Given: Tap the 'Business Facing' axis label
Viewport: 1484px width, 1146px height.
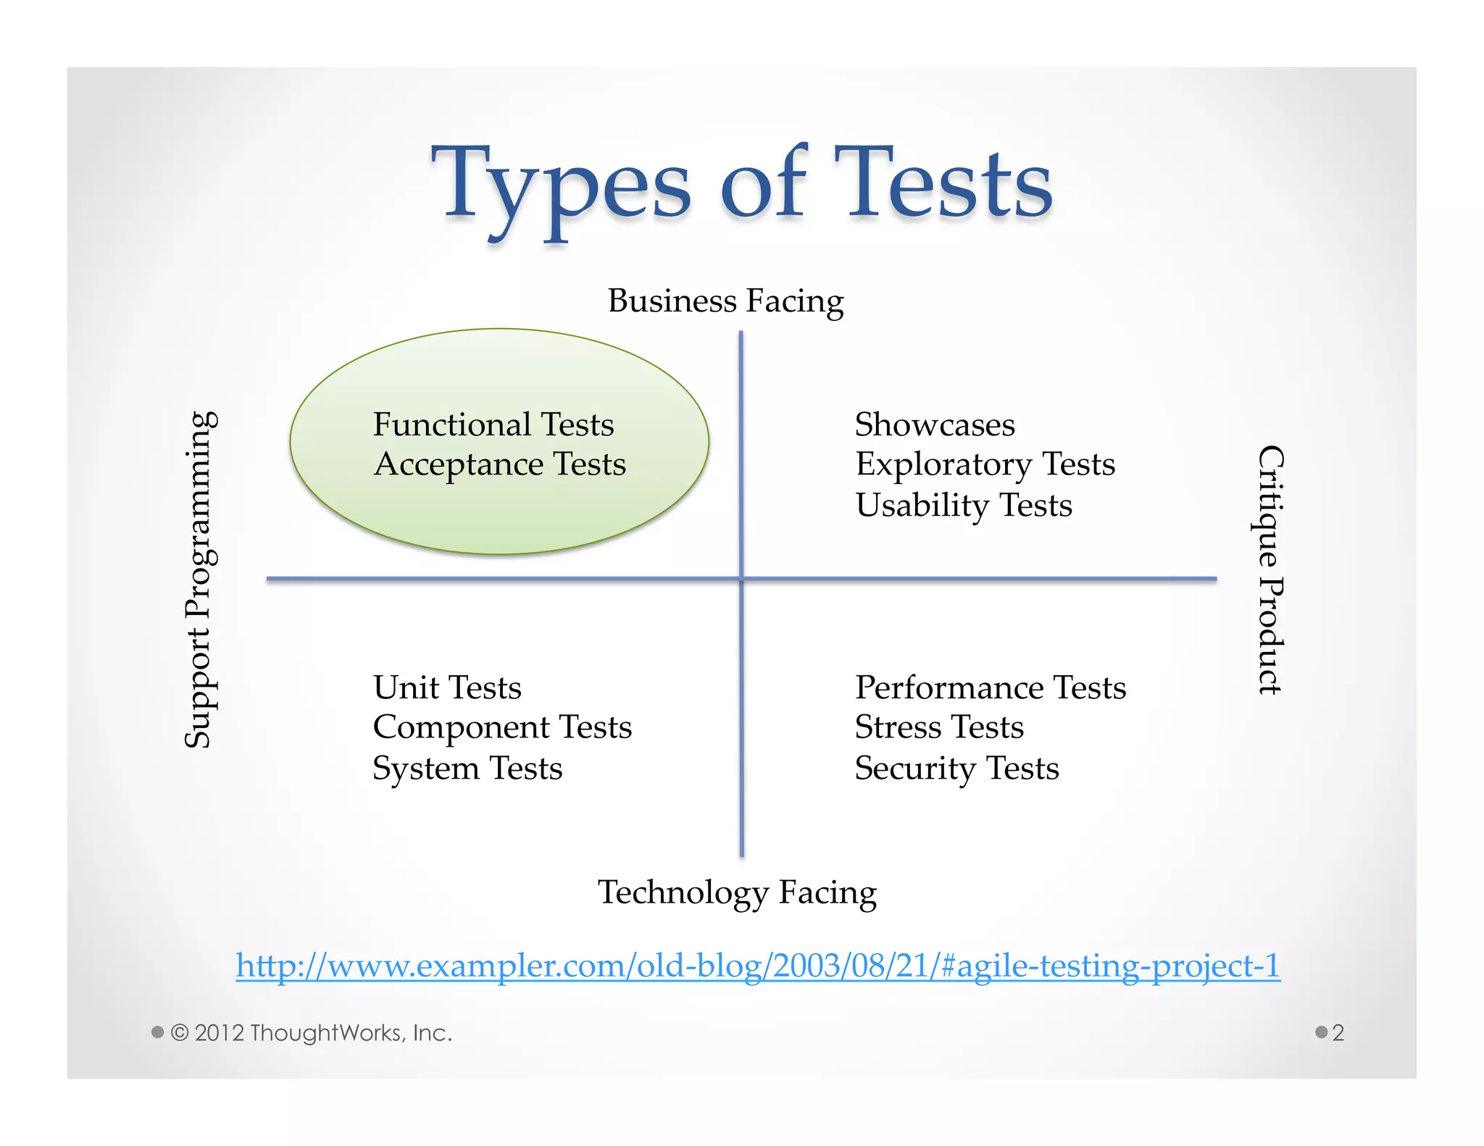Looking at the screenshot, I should coord(725,301).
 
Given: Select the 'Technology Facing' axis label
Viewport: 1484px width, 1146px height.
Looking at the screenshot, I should coord(737,892).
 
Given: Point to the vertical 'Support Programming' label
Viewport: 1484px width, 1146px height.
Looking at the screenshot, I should coord(199,580).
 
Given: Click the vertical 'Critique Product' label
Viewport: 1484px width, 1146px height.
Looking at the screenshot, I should coord(1270,570).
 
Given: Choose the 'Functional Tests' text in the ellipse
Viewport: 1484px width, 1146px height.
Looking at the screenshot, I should coord(493,424).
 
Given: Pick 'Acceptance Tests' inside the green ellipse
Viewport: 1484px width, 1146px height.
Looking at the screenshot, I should coord(499,464).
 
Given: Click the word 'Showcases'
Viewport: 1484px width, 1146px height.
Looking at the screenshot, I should coord(935,424).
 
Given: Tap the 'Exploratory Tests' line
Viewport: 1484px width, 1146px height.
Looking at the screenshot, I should coord(985,464).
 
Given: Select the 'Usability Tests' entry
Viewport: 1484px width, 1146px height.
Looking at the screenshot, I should coord(963,505).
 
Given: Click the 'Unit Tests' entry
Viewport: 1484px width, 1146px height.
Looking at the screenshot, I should coord(447,687).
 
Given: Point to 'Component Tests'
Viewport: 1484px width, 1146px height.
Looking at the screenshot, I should coord(502,727).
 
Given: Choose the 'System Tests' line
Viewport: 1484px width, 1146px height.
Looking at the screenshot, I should coord(467,769).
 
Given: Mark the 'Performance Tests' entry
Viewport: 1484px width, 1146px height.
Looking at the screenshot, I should coord(991,687).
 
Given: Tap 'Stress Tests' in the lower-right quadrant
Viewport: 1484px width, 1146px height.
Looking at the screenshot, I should coord(939,727).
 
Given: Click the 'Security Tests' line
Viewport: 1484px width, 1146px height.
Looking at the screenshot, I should coord(956,769).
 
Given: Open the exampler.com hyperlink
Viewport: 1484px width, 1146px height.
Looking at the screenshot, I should coord(758,966).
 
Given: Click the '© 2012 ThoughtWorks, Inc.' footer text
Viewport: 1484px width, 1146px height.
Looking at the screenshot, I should coord(311,1032).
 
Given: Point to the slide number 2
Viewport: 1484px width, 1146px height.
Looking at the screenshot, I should coord(1338,1032).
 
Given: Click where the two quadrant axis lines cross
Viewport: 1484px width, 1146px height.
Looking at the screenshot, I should coord(741,579).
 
